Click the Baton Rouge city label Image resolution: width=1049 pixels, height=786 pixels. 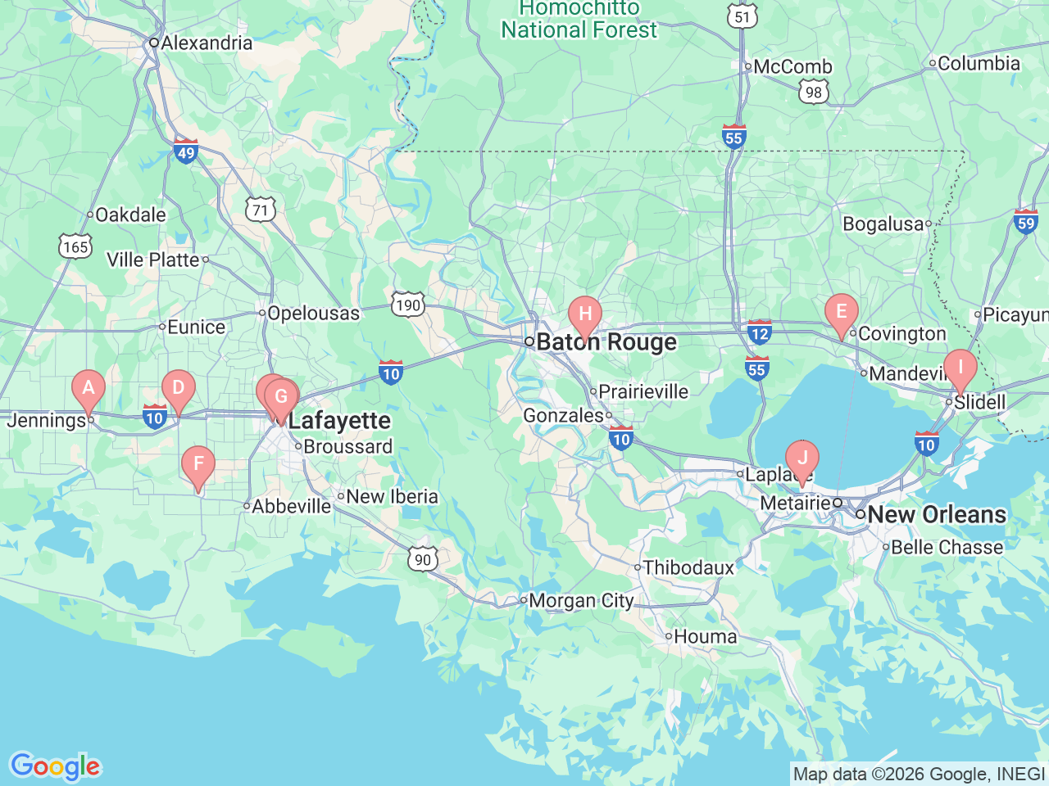[606, 342]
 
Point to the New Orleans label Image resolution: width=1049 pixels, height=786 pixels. [936, 515]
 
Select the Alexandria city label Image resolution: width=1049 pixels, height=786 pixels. [207, 43]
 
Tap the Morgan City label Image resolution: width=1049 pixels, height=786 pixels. [581, 601]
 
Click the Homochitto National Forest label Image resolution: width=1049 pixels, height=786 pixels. [579, 20]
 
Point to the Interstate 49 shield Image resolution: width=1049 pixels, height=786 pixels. [186, 151]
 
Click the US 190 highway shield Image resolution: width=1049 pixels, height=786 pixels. [407, 305]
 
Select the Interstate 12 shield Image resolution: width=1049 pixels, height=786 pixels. [760, 332]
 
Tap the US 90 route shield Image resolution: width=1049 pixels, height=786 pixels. [422, 560]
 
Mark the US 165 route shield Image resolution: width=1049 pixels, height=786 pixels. [75, 246]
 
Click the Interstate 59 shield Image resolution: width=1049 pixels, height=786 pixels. [1025, 221]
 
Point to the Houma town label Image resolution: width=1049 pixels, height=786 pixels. [705, 637]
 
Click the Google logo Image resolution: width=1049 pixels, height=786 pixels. [55, 767]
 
